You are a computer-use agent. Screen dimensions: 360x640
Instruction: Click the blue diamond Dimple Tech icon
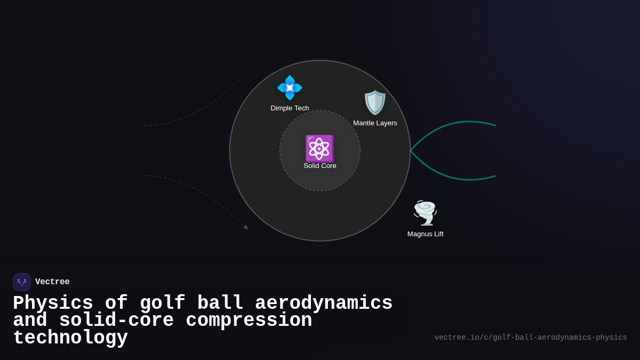point(290,88)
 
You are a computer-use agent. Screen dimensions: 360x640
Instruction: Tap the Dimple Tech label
point(290,108)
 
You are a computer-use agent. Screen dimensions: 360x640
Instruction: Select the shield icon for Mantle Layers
point(375,102)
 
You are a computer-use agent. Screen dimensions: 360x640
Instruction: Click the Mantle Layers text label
point(375,123)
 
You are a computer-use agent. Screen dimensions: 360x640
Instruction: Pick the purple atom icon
point(319,148)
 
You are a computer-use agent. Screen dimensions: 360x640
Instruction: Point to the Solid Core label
point(320,166)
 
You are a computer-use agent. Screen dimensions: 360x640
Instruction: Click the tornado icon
point(425,213)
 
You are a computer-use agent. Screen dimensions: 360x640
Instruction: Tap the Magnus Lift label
point(425,234)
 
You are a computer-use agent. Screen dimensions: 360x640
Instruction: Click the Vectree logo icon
point(22,282)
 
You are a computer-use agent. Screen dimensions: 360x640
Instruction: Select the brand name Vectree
point(52,282)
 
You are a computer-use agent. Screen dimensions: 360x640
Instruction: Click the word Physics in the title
point(53,303)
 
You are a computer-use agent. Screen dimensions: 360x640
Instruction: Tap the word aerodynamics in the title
point(324,303)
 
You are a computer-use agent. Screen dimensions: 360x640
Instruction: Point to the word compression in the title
point(249,321)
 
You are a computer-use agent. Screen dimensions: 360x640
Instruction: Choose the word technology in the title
point(70,338)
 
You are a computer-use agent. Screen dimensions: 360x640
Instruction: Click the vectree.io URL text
point(531,338)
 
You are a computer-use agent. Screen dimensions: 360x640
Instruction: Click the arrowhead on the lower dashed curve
point(246,227)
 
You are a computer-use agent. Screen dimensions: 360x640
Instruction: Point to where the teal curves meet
point(411,151)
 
